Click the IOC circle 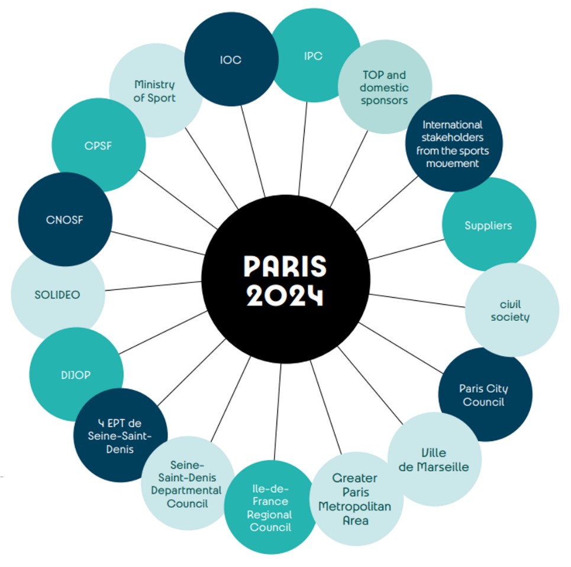click(x=231, y=60)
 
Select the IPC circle click(x=314, y=57)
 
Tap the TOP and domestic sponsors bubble click(x=384, y=88)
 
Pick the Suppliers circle click(x=488, y=225)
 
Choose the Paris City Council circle click(x=484, y=395)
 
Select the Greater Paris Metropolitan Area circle click(x=354, y=500)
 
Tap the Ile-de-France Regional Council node click(x=270, y=508)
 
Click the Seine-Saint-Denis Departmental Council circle click(x=187, y=484)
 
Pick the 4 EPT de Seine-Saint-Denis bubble click(x=121, y=436)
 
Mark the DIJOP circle click(x=76, y=375)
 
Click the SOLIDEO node click(x=57, y=295)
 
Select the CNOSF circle click(x=65, y=220)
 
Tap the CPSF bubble click(x=98, y=146)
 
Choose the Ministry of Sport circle click(x=154, y=91)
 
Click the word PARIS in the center click(x=285, y=267)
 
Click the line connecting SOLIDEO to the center click(x=154, y=285)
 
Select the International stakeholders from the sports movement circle click(x=453, y=144)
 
